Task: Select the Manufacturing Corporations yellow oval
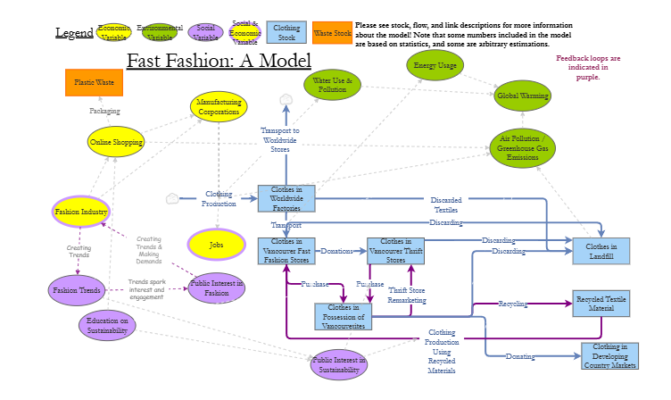219,107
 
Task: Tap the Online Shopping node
116,141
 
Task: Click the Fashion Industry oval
81,212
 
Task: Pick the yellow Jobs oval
216,244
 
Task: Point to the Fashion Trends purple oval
76,290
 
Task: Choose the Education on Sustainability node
107,325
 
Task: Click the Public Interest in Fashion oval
216,287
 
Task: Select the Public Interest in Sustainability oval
339,364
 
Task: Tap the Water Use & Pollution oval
332,86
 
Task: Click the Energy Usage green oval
435,65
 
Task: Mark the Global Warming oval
523,96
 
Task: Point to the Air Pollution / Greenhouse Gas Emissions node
522,147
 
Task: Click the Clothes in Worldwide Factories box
286,198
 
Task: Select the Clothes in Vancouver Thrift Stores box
395,251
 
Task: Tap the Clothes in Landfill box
601,251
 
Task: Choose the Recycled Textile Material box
601,303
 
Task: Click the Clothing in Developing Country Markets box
609,355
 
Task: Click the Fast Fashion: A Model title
219,61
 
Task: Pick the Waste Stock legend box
331,34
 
